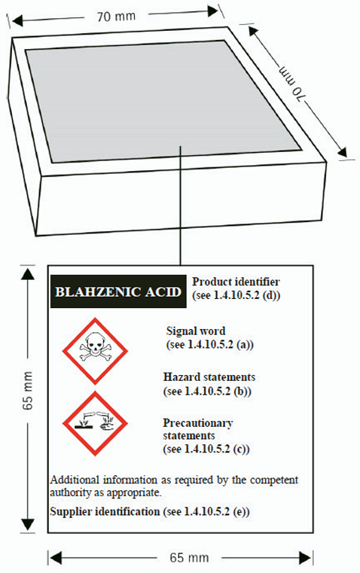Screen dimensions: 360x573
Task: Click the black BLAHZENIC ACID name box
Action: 118,291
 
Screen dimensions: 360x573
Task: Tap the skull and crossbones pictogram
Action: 95,351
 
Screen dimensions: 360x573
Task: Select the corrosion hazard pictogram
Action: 95,423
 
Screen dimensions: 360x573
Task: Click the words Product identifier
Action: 236,282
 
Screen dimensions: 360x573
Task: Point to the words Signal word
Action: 196,331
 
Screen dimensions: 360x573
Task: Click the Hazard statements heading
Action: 209,377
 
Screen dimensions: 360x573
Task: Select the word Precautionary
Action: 198,423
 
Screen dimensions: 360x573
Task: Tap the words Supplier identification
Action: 105,511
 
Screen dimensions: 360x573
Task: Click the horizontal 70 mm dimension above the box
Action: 116,17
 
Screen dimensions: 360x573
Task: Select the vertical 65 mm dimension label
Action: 28,390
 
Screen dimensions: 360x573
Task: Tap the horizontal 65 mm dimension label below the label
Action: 189,558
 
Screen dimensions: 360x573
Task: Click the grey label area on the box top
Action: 163,102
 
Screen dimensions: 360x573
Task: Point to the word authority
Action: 71,492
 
